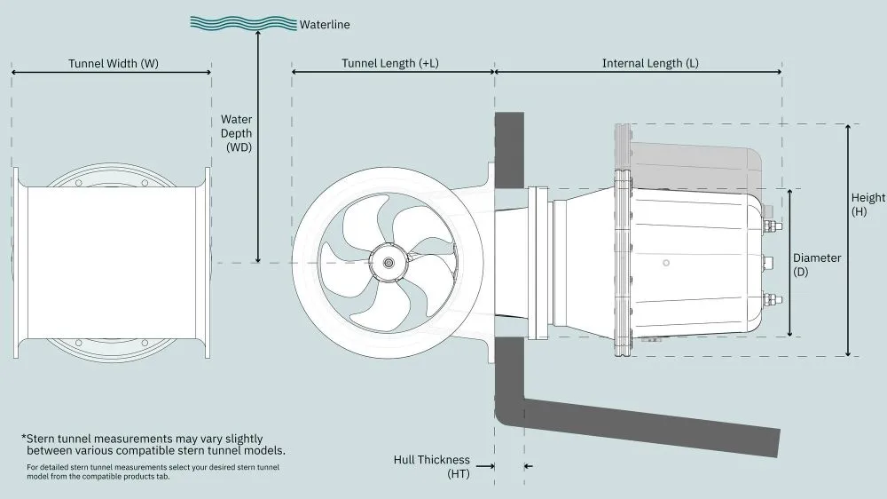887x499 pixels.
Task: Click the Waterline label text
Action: (x=325, y=25)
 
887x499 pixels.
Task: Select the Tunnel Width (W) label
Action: (x=114, y=64)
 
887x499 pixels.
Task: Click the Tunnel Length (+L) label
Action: (x=391, y=64)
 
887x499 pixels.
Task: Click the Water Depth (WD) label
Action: (x=237, y=132)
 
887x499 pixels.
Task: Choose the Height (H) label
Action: (x=867, y=205)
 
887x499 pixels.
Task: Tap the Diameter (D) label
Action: (x=817, y=264)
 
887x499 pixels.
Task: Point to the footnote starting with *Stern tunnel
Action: (x=153, y=444)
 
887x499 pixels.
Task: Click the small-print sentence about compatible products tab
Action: (x=153, y=471)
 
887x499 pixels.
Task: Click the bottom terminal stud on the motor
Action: (x=773, y=299)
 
